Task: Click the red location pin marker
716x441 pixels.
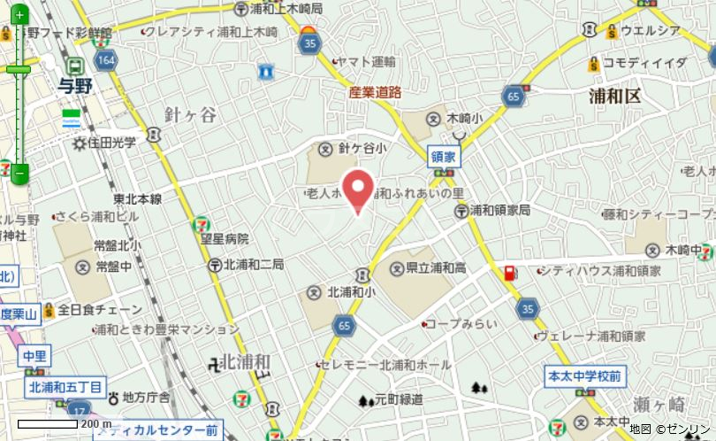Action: pos(357,188)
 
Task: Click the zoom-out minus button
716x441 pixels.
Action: pos(19,173)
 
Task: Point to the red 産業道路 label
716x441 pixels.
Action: pos(375,92)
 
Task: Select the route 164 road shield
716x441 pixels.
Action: pos(107,60)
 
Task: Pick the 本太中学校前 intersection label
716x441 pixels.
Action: pos(584,375)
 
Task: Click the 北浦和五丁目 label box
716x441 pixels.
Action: pos(65,386)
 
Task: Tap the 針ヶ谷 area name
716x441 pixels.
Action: pos(189,115)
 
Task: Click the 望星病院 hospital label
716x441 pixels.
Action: pos(225,239)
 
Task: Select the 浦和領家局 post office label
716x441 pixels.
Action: pos(499,211)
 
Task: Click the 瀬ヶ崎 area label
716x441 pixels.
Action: pos(659,404)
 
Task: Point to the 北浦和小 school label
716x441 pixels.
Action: pos(351,291)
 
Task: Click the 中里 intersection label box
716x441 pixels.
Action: pos(34,356)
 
